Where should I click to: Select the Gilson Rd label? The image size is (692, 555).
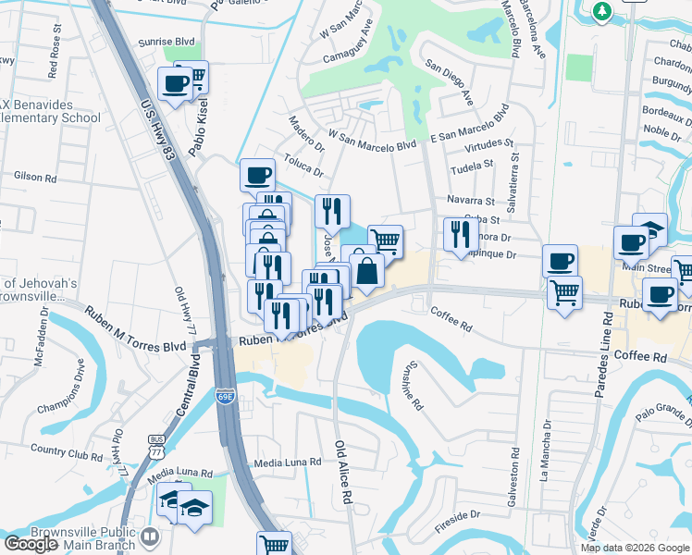[36, 175]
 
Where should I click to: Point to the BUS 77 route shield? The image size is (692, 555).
[154, 449]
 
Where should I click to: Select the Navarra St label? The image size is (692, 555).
[471, 200]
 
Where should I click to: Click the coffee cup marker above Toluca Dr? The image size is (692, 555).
[257, 174]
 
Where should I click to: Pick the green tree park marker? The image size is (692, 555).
[603, 11]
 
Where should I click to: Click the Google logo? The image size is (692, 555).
[31, 544]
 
